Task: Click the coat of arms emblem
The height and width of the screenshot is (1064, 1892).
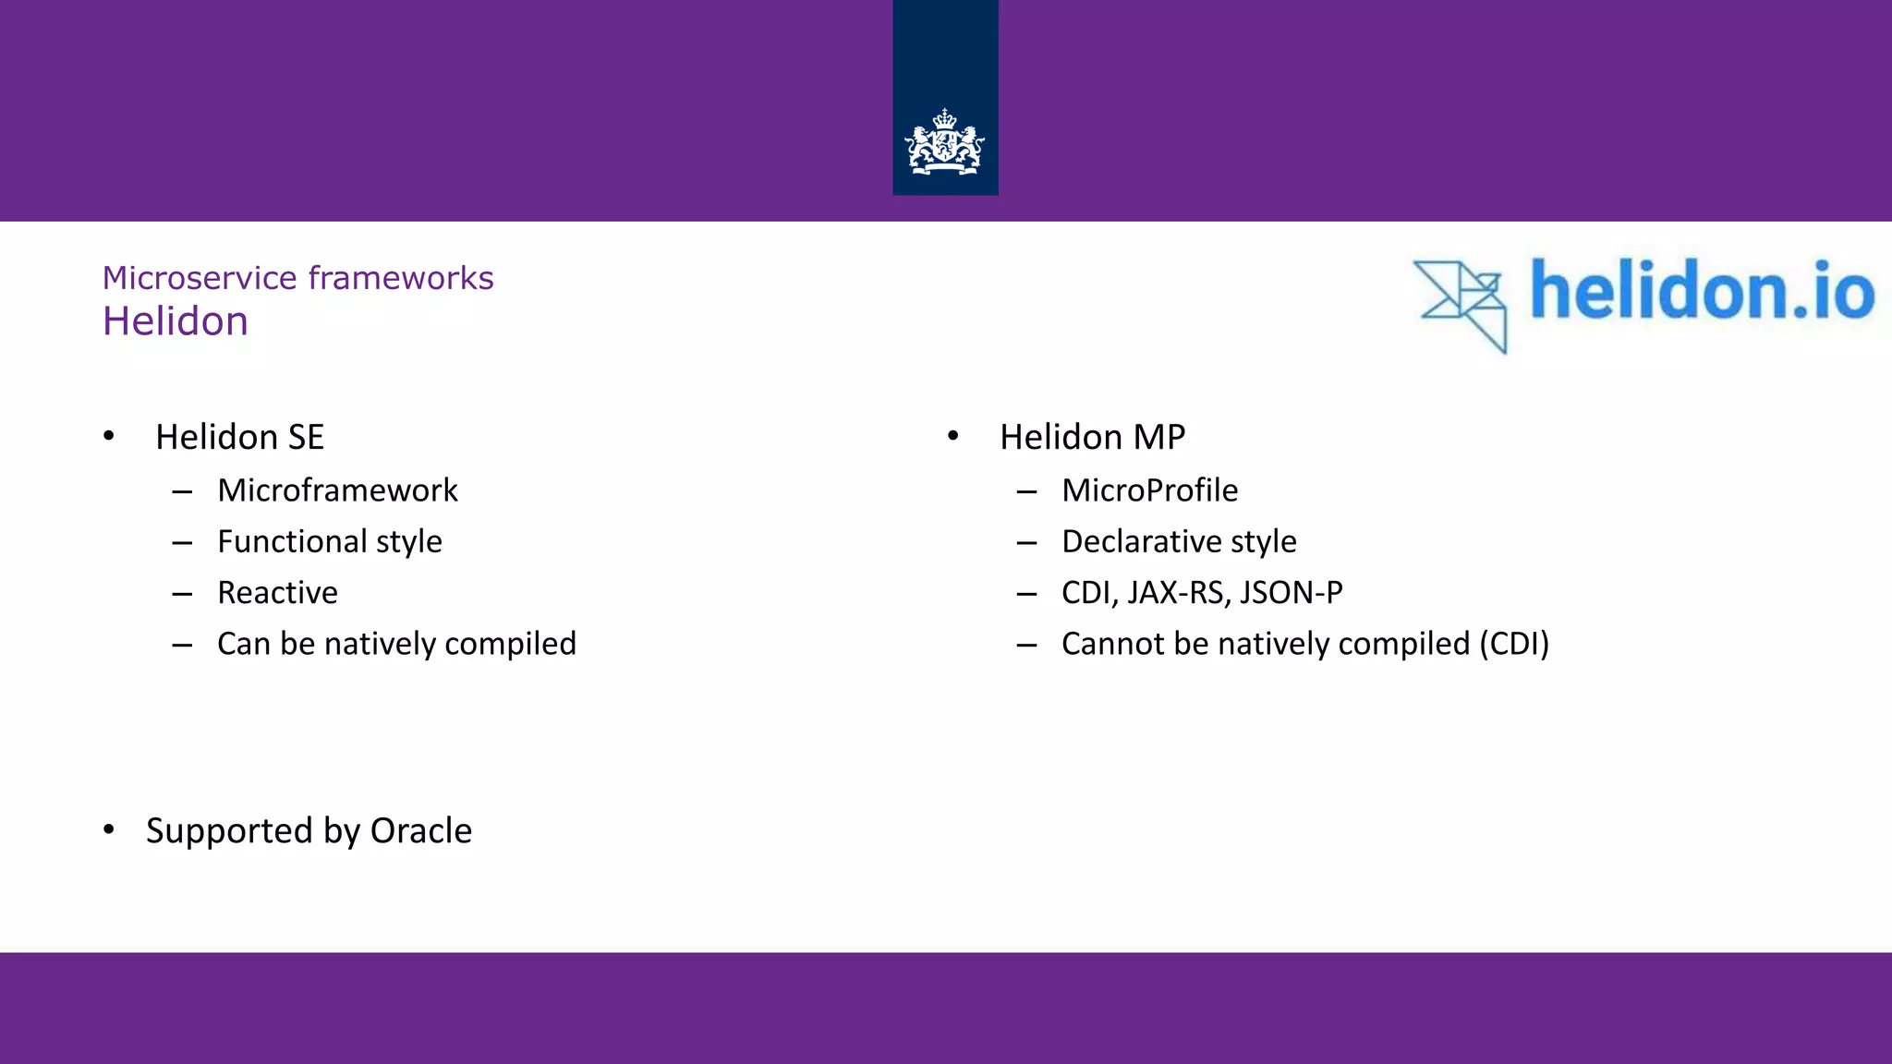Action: pos(944,143)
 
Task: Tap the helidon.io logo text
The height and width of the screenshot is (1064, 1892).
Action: pos(1702,290)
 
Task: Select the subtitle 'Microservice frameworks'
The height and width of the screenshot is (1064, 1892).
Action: pos(297,278)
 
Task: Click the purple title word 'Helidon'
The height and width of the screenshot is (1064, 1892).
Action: pos(176,321)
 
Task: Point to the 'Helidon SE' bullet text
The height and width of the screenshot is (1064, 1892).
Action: pos(239,437)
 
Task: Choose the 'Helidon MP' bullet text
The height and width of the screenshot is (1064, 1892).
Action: pos(1092,437)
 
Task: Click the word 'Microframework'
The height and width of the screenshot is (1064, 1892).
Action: pos(337,490)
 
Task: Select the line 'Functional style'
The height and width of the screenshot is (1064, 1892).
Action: pos(330,541)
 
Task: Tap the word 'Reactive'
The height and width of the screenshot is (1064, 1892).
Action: pos(277,593)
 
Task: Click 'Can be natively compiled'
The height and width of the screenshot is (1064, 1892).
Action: pos(396,644)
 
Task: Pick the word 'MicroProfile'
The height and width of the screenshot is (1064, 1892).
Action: pos(1149,490)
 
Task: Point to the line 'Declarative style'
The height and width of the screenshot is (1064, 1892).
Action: pos(1179,541)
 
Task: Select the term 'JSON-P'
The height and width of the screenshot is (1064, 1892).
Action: pos(1292,593)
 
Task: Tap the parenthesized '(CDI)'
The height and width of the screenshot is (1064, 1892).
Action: pos(1514,644)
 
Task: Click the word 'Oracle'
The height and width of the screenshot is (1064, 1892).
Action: pos(421,831)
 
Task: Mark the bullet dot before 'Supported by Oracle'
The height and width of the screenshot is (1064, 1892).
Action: pos(109,829)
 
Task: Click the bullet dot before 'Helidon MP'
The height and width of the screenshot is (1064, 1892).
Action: pos(953,435)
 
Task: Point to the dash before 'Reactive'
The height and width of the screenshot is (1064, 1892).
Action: pos(182,594)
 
